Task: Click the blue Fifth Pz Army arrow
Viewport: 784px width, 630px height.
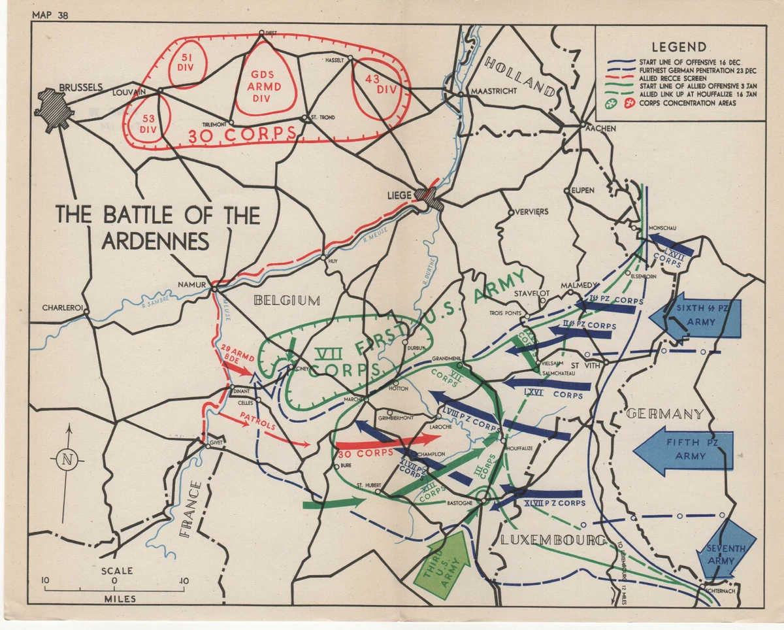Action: [683, 450]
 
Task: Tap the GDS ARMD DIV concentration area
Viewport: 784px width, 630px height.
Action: [266, 80]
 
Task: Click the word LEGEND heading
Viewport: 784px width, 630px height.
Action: [679, 47]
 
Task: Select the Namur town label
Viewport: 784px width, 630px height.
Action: [192, 284]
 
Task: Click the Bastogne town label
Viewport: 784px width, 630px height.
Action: [460, 503]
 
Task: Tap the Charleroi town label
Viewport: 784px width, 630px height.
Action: [61, 307]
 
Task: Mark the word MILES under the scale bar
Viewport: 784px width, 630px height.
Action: [115, 599]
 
